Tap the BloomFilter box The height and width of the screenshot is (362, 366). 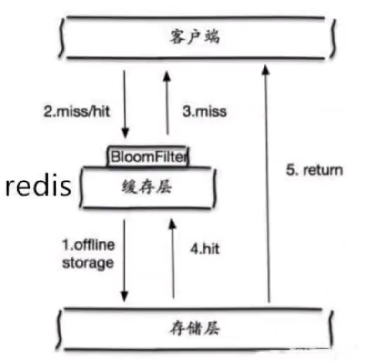[x=148, y=156]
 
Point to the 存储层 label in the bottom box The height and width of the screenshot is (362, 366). [x=195, y=329]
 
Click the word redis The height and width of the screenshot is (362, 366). [x=38, y=187]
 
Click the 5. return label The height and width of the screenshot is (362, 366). [x=314, y=170]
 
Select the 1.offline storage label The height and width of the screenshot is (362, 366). [x=89, y=254]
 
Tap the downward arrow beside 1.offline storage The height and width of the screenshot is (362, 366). [x=125, y=260]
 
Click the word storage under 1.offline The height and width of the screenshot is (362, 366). [x=89, y=262]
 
